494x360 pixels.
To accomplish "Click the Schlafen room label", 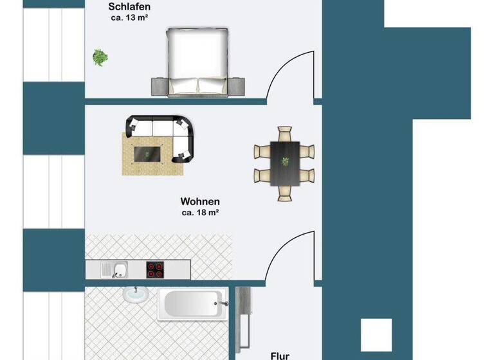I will pyautogui.click(x=129, y=6).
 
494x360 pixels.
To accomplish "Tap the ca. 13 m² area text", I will pyautogui.click(x=129, y=18).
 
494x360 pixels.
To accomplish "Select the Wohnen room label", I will pyautogui.click(x=200, y=201).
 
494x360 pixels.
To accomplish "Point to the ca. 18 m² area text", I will pyautogui.click(x=200, y=212).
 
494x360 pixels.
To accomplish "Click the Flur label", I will pyautogui.click(x=279, y=355).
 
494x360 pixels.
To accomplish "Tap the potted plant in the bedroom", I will pyautogui.click(x=100, y=57).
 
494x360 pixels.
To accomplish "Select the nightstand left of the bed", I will pyautogui.click(x=159, y=85).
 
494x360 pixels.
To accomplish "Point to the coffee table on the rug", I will pyautogui.click(x=147, y=153).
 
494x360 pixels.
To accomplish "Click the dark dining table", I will pyautogui.click(x=284, y=163).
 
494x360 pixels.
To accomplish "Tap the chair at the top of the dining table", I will pyautogui.click(x=284, y=134).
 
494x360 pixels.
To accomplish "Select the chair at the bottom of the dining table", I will pyautogui.click(x=284, y=192).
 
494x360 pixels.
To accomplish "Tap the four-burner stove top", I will pyautogui.click(x=154, y=269).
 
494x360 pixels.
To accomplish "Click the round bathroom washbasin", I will pyautogui.click(x=133, y=294).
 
